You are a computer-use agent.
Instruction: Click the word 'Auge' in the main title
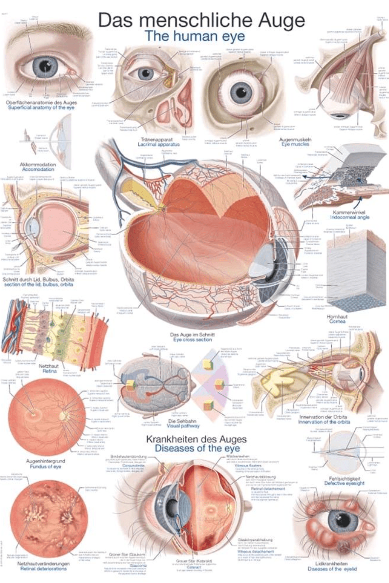pos(278,20)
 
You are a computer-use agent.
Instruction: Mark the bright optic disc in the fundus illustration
pos(64,416)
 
